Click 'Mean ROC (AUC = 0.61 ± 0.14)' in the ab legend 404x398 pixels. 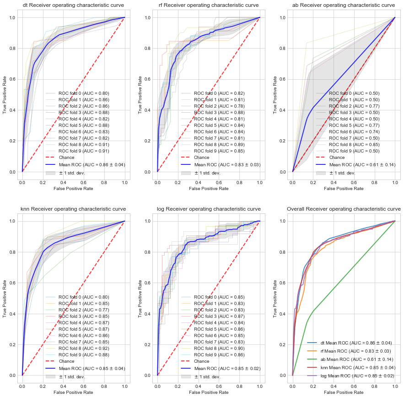tap(361, 164)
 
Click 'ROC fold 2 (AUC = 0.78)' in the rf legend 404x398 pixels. tap(219, 106)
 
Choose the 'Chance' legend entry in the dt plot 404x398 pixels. tap(66, 157)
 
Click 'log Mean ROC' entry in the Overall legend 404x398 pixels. tap(351, 376)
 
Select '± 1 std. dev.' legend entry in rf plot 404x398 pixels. tap(207, 173)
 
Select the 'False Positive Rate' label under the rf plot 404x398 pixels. tap(208, 188)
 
